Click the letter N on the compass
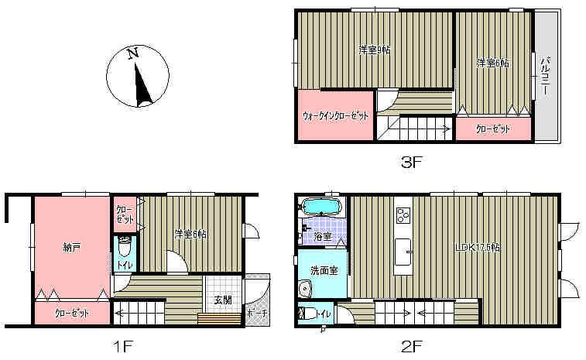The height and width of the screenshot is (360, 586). pos(133,54)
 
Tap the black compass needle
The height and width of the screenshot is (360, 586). pos(141,85)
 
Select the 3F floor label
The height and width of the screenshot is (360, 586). pos(412,163)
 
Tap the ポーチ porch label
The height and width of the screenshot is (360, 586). pos(256,314)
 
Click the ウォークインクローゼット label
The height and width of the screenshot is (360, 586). pos(335,116)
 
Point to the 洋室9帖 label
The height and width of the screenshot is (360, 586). pos(375,50)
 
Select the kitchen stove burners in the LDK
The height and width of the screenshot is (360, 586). pos(403,213)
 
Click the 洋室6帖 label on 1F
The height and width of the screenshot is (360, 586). pos(190,234)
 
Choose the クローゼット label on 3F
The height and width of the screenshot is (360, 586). pos(492,129)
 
